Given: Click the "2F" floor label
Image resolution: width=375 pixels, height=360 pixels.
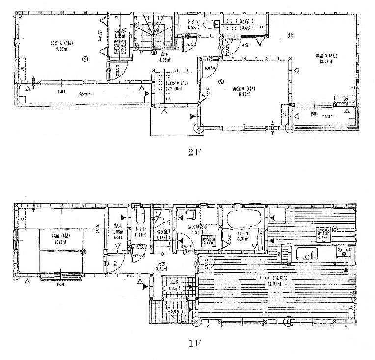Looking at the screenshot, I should pyautogui.click(x=195, y=152).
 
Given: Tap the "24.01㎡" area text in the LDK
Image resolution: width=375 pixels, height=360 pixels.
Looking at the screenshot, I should pyautogui.click(x=265, y=284).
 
